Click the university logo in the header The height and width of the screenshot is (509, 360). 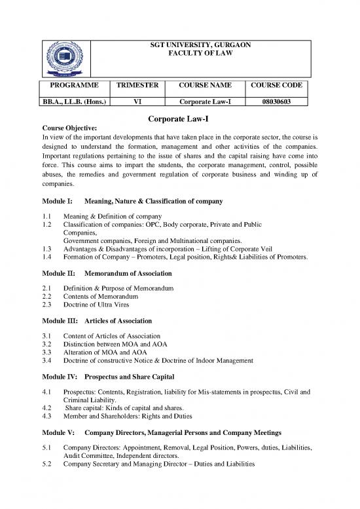tap(65, 60)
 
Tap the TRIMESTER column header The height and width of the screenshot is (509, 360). tap(137, 86)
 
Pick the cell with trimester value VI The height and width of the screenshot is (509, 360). tap(137, 102)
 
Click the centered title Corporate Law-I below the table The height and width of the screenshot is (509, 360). tap(179, 118)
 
